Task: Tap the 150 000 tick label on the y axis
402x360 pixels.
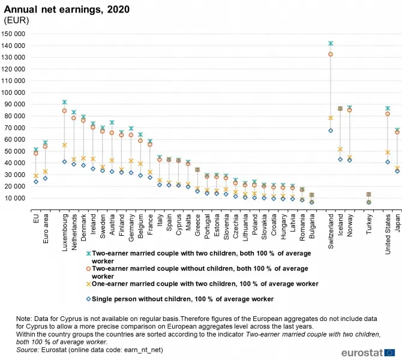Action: pos(17,34)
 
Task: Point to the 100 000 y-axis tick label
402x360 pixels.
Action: pos(17,93)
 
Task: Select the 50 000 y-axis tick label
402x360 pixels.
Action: pos(18,151)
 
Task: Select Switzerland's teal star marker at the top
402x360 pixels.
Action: pos(331,43)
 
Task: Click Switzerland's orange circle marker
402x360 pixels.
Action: pos(331,54)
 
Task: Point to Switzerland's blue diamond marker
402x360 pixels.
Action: pos(331,130)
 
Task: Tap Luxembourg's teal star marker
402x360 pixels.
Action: pos(64,102)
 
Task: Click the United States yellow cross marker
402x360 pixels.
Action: pos(388,152)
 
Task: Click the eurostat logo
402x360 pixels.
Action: pos(368,352)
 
